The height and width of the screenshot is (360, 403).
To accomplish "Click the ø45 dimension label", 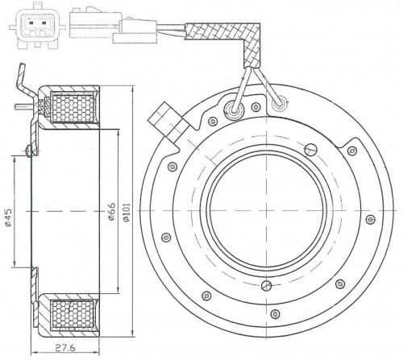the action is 9,217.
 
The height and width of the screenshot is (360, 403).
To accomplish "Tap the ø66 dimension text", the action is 111,212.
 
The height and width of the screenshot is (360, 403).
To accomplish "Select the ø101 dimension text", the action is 127,212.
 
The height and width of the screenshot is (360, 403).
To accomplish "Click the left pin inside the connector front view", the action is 31,23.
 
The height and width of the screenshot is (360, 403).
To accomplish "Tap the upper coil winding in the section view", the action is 73,107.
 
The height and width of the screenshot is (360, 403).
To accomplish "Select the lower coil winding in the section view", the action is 73,314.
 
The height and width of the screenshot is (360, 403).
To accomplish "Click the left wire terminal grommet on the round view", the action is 234,109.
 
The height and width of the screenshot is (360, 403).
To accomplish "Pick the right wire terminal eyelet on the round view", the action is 280,104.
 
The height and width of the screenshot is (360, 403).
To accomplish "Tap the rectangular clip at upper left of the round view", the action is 168,124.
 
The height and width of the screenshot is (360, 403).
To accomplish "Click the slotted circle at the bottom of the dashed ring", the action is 267,285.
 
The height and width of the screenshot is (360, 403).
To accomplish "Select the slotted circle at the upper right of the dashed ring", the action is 311,149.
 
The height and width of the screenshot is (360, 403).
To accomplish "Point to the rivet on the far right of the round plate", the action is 371,219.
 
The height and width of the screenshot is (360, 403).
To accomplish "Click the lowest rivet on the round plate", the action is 275,314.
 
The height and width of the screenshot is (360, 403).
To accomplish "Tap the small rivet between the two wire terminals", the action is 256,107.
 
